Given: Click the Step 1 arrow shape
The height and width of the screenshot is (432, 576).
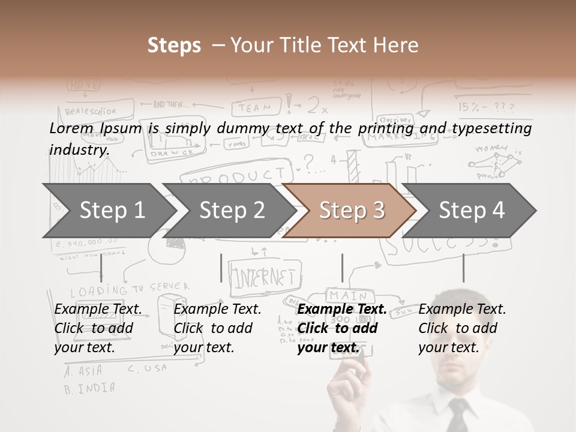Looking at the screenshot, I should tap(105, 210).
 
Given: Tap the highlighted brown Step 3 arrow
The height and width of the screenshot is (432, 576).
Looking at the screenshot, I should tap(351, 210).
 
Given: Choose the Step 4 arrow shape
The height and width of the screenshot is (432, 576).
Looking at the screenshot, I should tap(471, 210).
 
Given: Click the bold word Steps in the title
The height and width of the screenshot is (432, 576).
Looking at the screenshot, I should tap(174, 46).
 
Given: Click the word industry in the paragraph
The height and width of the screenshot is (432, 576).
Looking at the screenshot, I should tap(78, 150).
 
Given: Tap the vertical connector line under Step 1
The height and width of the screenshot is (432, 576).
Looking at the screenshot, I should tap(101, 268).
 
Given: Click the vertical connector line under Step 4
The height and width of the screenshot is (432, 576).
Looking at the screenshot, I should tap(463, 268).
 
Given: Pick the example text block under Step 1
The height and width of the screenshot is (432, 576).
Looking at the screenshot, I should tap(98, 328).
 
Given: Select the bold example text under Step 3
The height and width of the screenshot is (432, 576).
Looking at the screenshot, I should tap(341, 328).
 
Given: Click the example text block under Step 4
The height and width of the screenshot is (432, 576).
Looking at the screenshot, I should tap(462, 328).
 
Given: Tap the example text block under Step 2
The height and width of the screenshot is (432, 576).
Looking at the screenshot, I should tap(217, 328).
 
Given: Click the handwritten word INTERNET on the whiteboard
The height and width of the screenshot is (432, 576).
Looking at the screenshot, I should tap(265, 277).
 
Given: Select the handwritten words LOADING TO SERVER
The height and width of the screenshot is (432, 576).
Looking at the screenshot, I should tap(130, 290).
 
